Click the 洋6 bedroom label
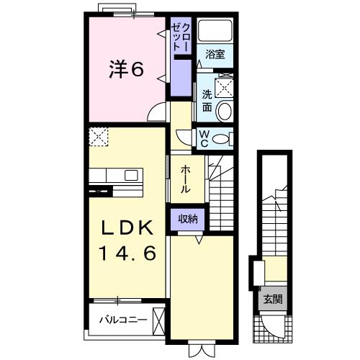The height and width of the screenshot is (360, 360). (x=127, y=70)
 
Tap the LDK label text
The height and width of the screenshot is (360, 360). (x=127, y=228)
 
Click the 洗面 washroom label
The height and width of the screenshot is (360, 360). (x=207, y=100)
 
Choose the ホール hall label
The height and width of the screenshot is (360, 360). (x=185, y=177)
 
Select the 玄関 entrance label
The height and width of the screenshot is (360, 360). (x=272, y=299)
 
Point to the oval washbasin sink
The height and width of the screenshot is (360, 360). (x=223, y=111)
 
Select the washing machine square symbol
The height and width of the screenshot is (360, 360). (x=225, y=87)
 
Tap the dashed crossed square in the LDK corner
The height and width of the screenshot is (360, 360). (x=97, y=135)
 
